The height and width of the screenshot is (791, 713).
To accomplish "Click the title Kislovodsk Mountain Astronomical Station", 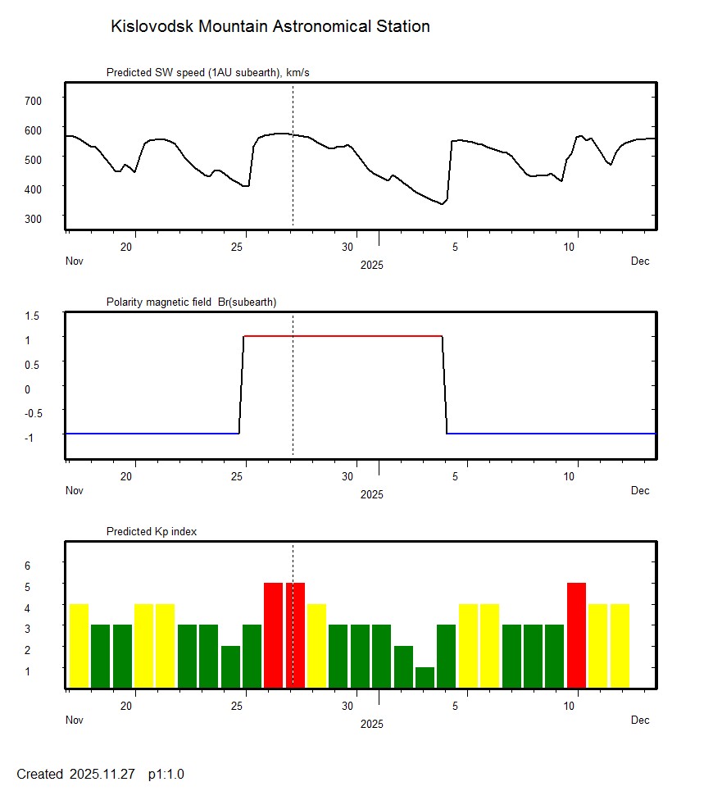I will [270, 27].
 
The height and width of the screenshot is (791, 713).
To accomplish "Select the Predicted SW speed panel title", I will [207, 73].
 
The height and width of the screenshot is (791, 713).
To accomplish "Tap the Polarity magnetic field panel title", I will [191, 302].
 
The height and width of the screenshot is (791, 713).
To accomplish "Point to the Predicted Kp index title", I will [152, 532].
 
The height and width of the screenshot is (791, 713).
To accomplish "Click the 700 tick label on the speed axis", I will [33, 100].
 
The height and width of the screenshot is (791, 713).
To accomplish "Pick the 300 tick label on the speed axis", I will [33, 218].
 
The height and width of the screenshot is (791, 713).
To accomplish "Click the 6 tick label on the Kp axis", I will [27, 566].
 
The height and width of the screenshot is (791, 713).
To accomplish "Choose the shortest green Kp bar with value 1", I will [425, 678].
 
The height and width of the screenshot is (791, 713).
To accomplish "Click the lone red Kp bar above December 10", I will [576, 635].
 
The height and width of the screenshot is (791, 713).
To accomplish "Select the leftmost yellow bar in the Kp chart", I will [79, 646].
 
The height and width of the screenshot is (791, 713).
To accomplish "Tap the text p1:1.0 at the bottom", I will [166, 775].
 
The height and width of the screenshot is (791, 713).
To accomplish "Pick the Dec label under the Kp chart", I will [640, 721].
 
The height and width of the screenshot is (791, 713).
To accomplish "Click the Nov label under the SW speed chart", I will [75, 261].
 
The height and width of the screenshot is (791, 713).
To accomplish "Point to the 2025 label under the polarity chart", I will [371, 494].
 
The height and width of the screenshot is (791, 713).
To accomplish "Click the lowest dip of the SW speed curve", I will [442, 204].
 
